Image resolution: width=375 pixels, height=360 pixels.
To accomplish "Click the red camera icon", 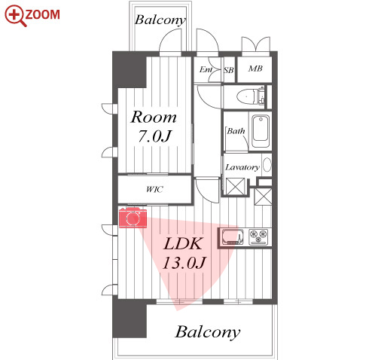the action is pos(133,218).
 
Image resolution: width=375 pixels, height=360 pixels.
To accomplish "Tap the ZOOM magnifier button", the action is pos(32,16).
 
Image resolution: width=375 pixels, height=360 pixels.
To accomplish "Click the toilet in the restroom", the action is pos(251,96).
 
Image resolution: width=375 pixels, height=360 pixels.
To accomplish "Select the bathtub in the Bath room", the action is pos(261,131).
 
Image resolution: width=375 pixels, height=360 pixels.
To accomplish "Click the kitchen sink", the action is pos(233,236).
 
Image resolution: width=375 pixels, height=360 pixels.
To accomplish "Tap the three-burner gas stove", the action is pos(258,236).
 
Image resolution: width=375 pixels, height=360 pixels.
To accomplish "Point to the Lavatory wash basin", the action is pos(267,165).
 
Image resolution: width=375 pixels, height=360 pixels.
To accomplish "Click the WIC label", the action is pos(154,189).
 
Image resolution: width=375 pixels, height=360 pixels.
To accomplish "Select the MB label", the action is pos(255,69).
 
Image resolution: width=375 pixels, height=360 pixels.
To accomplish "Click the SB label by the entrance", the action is pos(229,70).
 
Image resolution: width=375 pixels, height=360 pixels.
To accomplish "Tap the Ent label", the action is pos(206,69).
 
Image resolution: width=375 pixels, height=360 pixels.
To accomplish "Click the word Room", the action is pos(154,117).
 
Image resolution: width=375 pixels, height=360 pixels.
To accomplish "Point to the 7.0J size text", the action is pos(154,136).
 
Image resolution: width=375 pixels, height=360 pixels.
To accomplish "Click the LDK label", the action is pos(183,243).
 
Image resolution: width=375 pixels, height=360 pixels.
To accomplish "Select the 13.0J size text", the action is pos(184,263).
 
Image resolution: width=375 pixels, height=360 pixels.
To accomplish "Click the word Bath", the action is pos(236,131).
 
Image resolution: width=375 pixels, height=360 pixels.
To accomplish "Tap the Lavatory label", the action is pos(242,167).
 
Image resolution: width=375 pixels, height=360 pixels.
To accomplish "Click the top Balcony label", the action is pos(160,20).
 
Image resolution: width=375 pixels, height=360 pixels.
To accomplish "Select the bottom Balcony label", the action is pos(207,332).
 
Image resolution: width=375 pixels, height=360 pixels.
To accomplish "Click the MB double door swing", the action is pos(256,44).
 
